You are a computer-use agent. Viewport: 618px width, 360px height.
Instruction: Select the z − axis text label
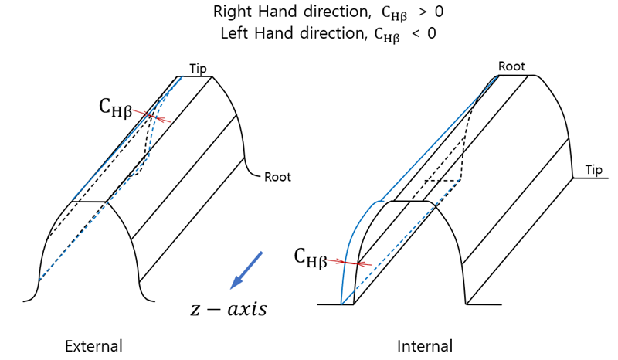click(x=229, y=309)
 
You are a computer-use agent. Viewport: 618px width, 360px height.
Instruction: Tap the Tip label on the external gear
click(x=199, y=70)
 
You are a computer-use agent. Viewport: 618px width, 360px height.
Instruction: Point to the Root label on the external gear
click(x=277, y=177)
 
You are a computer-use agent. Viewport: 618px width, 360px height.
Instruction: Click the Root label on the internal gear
click(x=511, y=66)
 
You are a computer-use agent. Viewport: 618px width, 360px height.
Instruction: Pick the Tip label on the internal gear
click(x=593, y=170)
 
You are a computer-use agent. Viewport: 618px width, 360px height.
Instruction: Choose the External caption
click(x=93, y=346)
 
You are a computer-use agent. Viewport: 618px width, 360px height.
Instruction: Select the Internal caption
click(x=425, y=346)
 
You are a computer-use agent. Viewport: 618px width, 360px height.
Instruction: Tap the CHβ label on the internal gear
click(x=310, y=256)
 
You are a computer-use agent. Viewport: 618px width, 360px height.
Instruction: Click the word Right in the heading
click(x=229, y=12)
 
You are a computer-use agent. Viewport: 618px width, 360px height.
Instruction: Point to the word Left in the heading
click(x=233, y=34)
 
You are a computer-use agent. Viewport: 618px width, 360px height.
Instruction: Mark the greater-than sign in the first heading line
click(x=422, y=12)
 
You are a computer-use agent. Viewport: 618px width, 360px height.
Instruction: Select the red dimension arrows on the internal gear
click(x=352, y=263)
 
